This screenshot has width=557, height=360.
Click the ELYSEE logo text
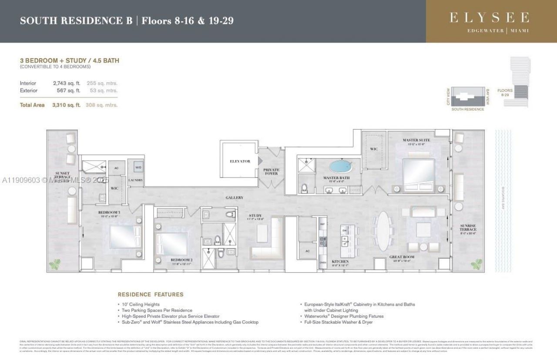[490, 17]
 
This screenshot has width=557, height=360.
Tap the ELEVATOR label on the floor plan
[240, 161]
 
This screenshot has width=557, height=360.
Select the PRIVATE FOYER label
[271, 171]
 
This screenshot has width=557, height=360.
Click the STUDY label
[255, 215]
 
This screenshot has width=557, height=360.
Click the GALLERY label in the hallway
[234, 198]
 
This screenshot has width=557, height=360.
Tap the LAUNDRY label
[135, 180]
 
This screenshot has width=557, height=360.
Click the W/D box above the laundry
[138, 167]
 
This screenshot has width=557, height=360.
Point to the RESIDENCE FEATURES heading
[151, 294]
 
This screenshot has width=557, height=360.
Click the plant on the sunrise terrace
[476, 263]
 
